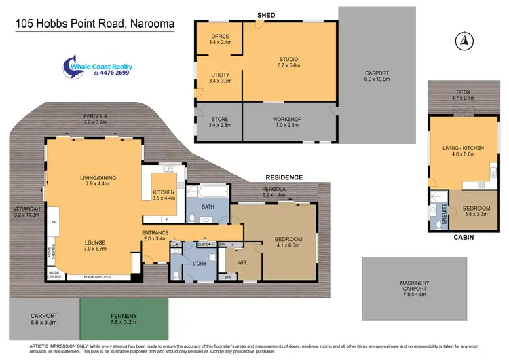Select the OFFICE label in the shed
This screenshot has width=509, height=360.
[x=220, y=36]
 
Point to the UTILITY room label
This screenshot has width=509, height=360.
[x=220, y=75]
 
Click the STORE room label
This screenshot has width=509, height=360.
[x=220, y=120]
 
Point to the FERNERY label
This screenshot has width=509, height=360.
[x=124, y=316]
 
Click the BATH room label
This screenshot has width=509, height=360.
[x=208, y=208]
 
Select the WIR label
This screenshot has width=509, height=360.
[x=242, y=262]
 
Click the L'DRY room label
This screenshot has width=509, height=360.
[x=199, y=262]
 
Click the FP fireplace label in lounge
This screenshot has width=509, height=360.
[x=55, y=221]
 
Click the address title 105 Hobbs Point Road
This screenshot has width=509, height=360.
[x=95, y=24]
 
